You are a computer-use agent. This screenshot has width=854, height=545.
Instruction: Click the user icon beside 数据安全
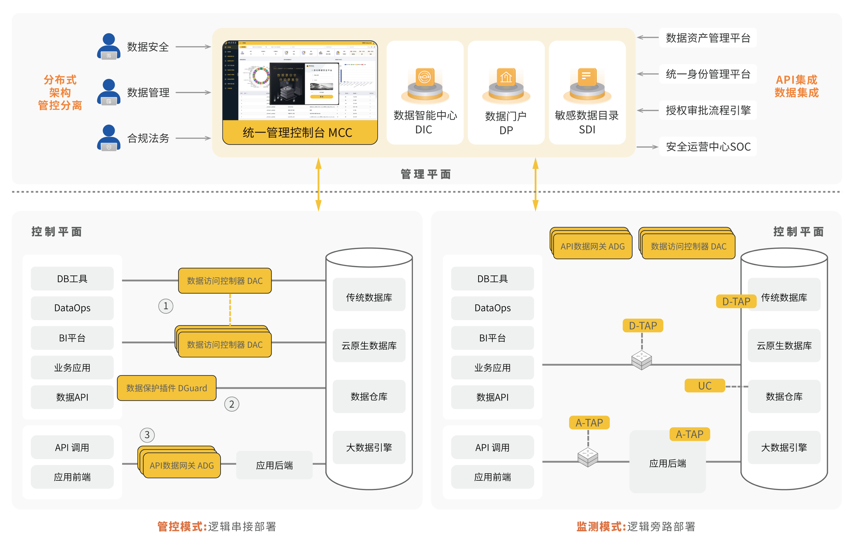pos(109,47)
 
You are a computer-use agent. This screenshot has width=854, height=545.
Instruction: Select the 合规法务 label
pos(148,138)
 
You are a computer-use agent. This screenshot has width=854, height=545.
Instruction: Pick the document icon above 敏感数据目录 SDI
pos(587,76)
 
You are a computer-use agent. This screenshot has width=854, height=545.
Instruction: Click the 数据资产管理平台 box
pos(708,38)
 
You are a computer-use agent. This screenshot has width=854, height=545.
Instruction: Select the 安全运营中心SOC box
pos(708,146)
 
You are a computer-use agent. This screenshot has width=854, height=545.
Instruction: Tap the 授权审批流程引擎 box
pos(708,110)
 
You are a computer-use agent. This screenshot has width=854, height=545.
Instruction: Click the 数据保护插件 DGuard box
pos(166,388)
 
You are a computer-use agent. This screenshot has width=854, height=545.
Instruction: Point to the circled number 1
pos(166,306)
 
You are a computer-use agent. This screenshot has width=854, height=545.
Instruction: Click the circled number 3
pos(147,435)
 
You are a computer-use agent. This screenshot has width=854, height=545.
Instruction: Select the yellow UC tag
pos(704,386)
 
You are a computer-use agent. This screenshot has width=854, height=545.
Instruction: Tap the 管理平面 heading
pos(426,174)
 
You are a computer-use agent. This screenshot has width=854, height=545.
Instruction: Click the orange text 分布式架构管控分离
pos(60,93)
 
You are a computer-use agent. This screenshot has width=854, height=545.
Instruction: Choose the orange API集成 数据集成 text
pos(796,86)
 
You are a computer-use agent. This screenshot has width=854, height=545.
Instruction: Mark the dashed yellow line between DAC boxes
pos(230,309)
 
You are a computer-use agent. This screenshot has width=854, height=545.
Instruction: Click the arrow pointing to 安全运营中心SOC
pos(648,147)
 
